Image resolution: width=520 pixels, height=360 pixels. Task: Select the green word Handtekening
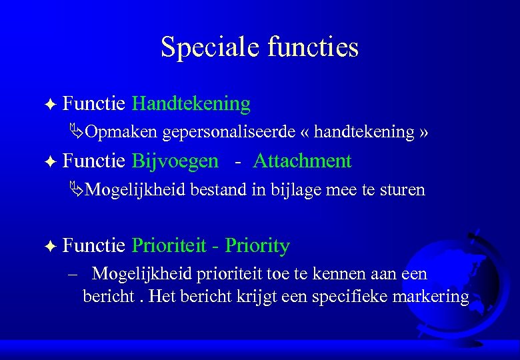[191, 104]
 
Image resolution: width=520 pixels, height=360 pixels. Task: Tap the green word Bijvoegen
[175, 161]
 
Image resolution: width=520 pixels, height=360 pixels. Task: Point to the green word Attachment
[302, 161]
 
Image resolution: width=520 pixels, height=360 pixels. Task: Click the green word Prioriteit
[170, 246]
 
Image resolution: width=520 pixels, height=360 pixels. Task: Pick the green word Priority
[257, 246]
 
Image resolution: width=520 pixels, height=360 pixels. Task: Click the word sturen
[402, 190]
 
